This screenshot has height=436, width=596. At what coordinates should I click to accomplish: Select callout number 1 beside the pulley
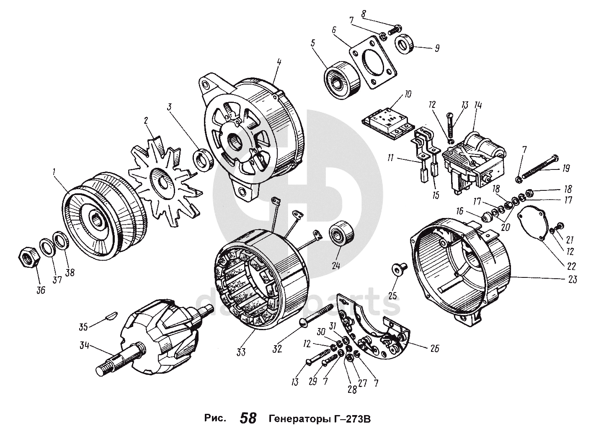pos(54,172)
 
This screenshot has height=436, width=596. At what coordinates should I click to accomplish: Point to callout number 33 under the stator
pos(240,352)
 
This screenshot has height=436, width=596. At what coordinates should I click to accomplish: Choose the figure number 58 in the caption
pos(248,418)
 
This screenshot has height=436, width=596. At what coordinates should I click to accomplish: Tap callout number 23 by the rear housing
pos(572,280)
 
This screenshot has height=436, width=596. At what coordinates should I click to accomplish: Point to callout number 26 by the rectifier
pos(435,348)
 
